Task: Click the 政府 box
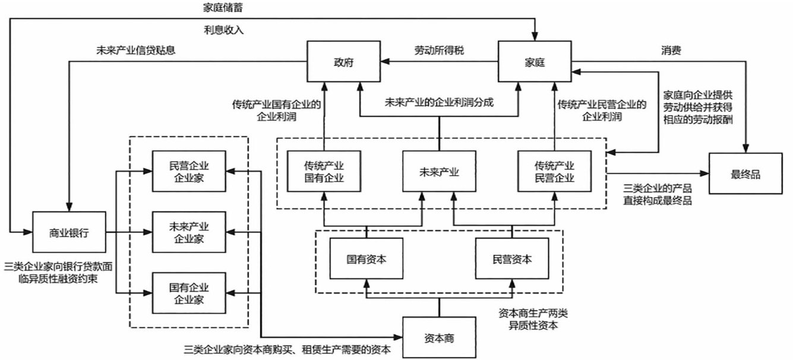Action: point(343,61)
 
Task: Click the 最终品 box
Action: point(745,173)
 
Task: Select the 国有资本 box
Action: point(367,259)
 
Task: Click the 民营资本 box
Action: point(511,259)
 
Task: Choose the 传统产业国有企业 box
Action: point(324,172)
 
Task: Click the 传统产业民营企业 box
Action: point(554,172)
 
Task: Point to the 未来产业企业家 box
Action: point(188,233)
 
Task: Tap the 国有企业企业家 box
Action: point(188,292)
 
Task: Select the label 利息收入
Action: point(223,29)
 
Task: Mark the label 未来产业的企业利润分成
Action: point(439,102)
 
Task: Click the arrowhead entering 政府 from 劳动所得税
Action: point(384,61)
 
